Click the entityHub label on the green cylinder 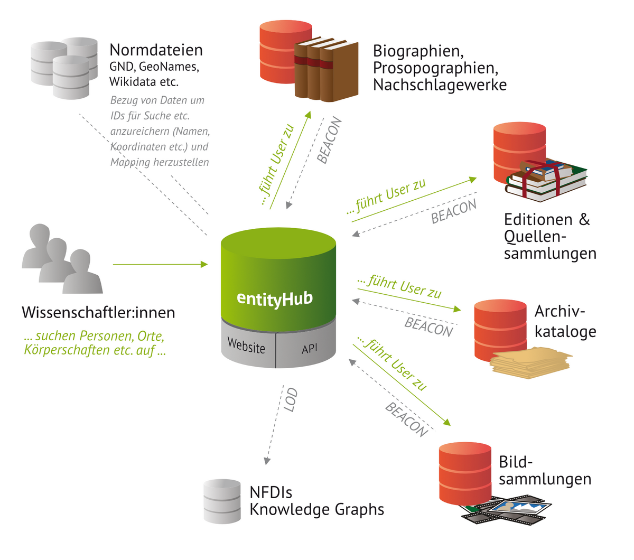point(275,298)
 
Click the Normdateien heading point(156,50)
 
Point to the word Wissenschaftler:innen point(98,313)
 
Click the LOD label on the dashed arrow point(291,400)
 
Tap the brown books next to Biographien point(327,70)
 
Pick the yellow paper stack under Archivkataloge point(531,362)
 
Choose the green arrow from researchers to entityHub point(160,264)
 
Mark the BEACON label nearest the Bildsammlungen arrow point(406,420)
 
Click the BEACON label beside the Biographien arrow point(330,141)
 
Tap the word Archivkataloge point(564,321)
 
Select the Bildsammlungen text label point(544,470)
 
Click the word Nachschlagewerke point(440,85)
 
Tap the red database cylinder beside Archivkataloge point(500,330)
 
